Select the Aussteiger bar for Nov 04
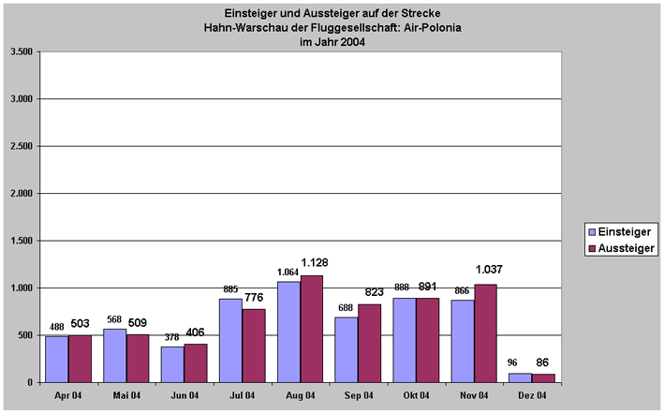pyautogui.click(x=485, y=332)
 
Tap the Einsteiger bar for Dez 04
pyautogui.click(x=520, y=377)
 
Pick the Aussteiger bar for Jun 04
pyautogui.click(x=195, y=362)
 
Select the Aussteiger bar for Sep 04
pyautogui.click(x=369, y=343)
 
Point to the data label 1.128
pyautogui.click(x=315, y=262)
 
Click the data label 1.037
pyautogui.click(x=488, y=272)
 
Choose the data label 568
pyautogui.click(x=114, y=319)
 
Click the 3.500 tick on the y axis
pyautogui.click(x=22, y=52)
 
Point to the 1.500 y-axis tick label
pyautogui.click(x=22, y=241)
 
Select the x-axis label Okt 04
pyautogui.click(x=415, y=396)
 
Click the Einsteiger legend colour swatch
pyautogui.click(x=591, y=230)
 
